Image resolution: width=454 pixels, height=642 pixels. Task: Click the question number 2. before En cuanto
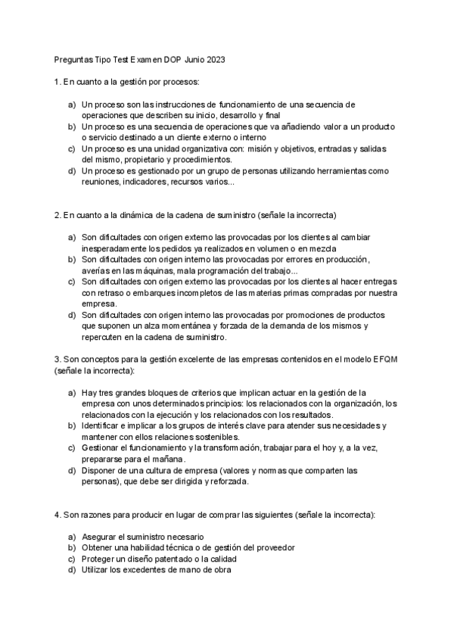click(58, 215)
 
